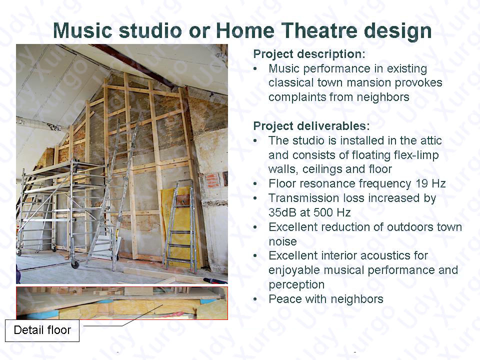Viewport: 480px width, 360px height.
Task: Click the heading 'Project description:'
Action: tap(309, 54)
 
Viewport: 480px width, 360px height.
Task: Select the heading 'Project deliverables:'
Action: tap(311, 126)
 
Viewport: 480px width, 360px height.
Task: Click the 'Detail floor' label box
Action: tap(42, 330)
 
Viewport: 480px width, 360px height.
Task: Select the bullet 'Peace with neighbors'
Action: tap(325, 299)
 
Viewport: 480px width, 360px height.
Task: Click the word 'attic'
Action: tap(430, 141)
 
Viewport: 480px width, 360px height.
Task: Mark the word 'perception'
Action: tap(296, 285)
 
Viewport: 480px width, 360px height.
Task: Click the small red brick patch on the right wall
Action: tap(212, 180)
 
